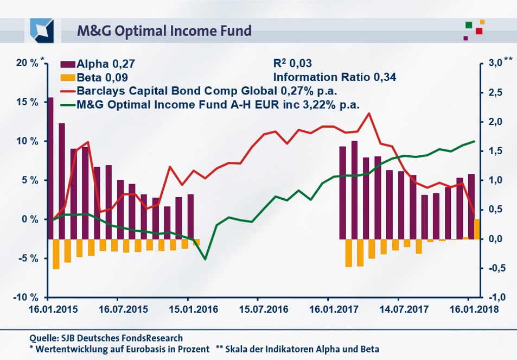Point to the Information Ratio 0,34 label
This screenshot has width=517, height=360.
pos(335,77)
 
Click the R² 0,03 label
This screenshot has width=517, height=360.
pos(293,64)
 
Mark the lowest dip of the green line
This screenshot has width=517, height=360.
pos(205,259)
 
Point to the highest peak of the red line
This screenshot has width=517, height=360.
pos(369,113)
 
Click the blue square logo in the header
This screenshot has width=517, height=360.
pos(42,30)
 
